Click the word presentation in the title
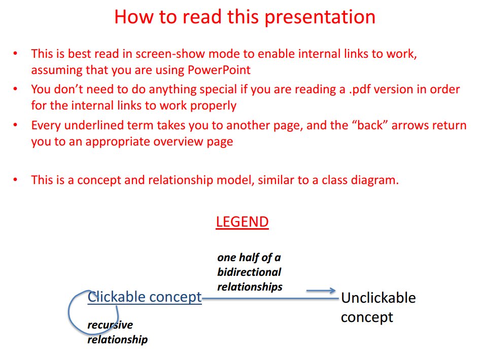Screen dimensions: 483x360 click(320, 17)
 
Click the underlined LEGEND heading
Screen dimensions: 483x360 click(243, 222)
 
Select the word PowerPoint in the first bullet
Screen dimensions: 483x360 click(219, 70)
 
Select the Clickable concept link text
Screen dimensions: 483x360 click(145, 297)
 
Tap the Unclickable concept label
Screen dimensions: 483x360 click(378, 307)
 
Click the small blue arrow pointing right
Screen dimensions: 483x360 click(321, 290)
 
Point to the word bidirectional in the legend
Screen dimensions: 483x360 click(249, 272)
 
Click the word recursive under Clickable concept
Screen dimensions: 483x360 click(110, 325)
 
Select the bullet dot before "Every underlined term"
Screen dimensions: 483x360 click(15, 125)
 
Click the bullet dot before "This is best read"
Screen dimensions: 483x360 click(15, 53)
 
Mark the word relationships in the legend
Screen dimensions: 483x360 click(250, 286)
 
